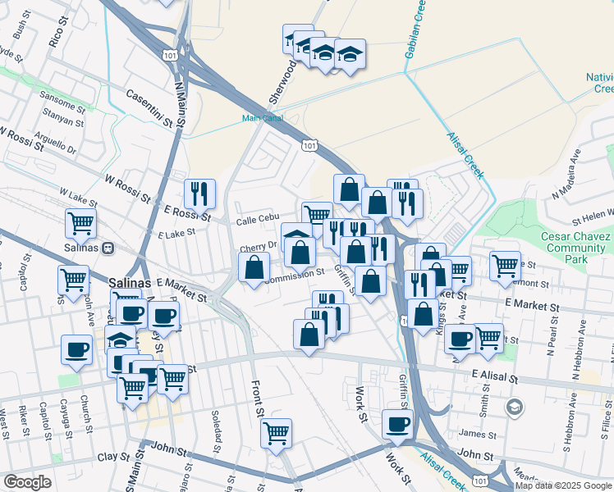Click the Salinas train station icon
tap(108, 248)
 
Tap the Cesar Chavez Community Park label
tap(564, 247)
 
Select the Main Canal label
tap(262, 118)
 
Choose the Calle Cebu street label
tap(254, 221)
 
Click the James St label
tap(474, 434)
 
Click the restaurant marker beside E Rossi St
tap(199, 194)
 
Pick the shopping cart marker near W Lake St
tap(80, 221)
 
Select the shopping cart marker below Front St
tap(277, 432)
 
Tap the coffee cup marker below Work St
tap(398, 424)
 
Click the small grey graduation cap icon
tap(515, 407)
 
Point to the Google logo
tap(27, 482)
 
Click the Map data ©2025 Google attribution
tap(564, 485)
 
